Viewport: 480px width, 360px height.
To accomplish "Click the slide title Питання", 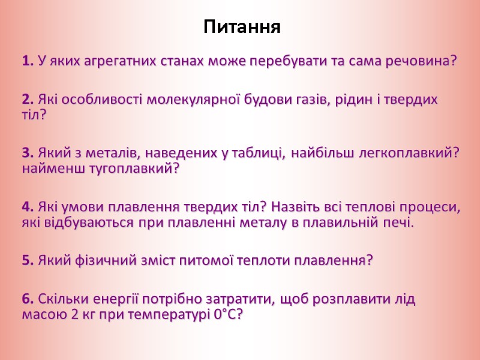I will coord(242,27).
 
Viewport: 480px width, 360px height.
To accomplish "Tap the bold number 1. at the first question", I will coord(28,61).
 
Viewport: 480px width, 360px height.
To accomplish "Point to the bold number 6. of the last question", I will coord(28,299).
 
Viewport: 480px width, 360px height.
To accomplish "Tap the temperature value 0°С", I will coord(228,314).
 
